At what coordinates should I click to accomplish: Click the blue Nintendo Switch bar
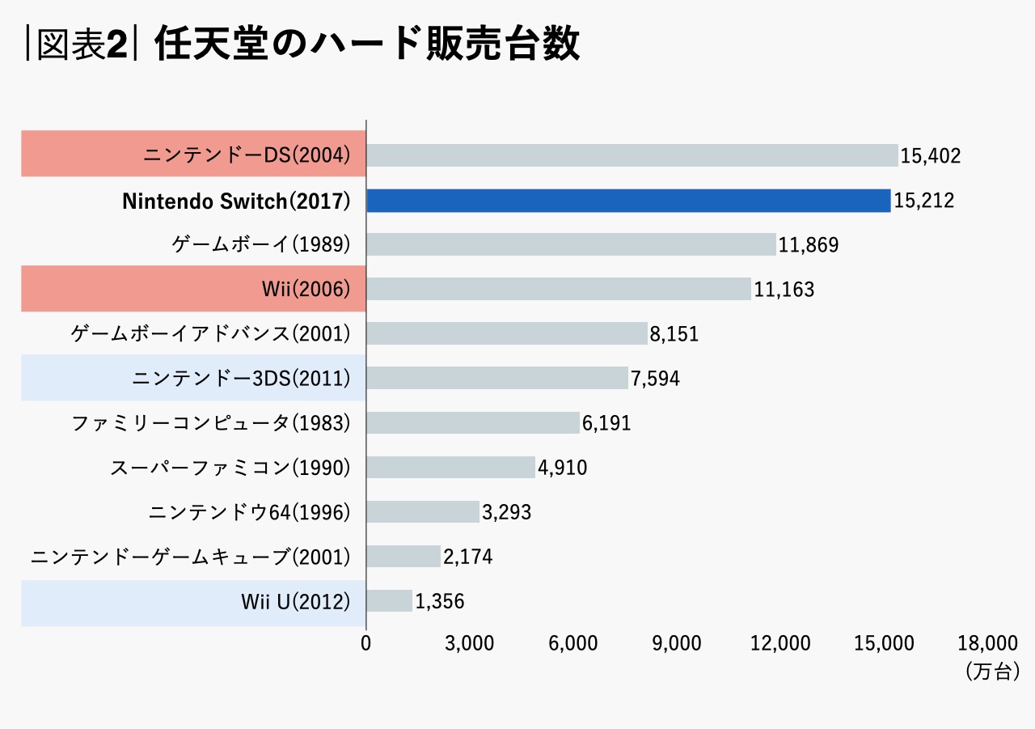click(628, 201)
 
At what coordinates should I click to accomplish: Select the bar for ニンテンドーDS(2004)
click(632, 155)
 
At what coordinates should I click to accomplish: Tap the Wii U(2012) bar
click(389, 600)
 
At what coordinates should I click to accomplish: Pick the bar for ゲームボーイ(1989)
click(571, 244)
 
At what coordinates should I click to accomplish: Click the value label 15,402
click(931, 156)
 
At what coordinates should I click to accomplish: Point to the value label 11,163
click(784, 290)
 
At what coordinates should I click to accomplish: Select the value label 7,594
click(655, 379)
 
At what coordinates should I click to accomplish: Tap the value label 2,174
click(467, 557)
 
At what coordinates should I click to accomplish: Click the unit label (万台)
click(991, 671)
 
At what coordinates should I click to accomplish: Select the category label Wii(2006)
click(306, 290)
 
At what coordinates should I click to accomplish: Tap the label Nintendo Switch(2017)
click(236, 201)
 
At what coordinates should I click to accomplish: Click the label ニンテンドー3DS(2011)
click(240, 379)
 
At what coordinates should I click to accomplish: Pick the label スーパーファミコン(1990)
click(230, 468)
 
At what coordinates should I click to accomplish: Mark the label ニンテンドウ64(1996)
click(249, 512)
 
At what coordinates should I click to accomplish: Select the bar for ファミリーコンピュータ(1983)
click(473, 422)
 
